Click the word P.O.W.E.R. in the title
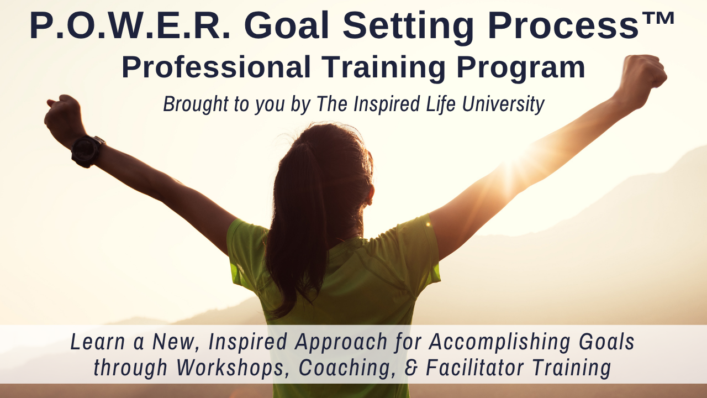130,25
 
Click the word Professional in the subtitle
216,67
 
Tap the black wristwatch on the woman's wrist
87,151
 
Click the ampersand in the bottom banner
410,368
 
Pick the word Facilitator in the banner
476,367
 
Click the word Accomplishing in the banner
499,342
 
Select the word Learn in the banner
98,341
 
